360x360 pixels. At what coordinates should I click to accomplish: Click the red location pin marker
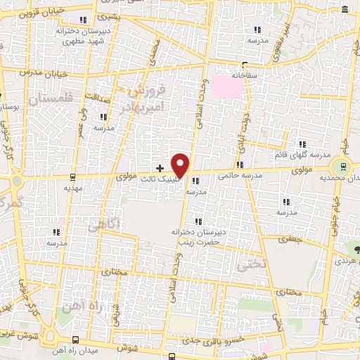[181, 165]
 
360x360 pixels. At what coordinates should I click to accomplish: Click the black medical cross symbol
[160, 168]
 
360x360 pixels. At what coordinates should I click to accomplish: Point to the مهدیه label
[73, 188]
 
